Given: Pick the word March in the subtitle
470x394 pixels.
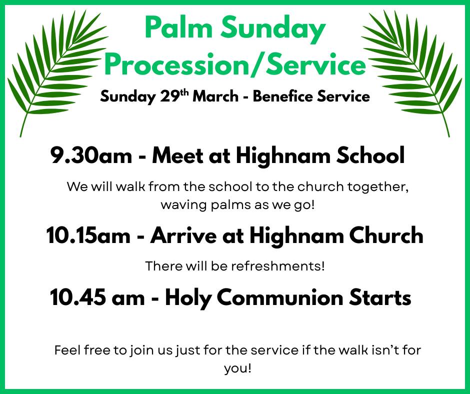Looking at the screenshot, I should [x=215, y=96].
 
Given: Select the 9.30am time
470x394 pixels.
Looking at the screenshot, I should [x=90, y=156].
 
